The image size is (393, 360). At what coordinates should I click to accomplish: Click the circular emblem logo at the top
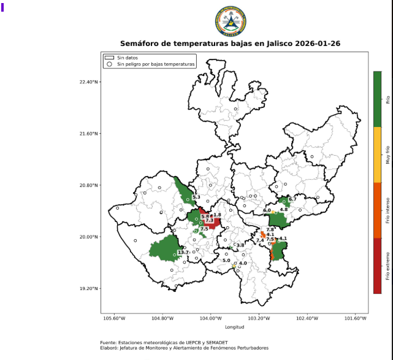231,21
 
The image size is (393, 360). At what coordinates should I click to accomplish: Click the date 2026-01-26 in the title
318,44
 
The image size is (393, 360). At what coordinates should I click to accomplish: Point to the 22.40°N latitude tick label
90,82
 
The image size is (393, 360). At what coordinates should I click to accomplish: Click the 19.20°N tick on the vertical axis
90,288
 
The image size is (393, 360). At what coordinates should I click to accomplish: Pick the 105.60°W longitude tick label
114,318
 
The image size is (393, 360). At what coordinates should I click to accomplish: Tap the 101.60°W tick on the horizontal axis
356,318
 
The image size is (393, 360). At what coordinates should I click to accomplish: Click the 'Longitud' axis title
234,326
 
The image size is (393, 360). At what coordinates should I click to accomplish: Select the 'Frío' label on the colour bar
387,99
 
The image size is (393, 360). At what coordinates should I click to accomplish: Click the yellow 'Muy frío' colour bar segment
377,155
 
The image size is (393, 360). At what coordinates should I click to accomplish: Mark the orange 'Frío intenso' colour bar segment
377,210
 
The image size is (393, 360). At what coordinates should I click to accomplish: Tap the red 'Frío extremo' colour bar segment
377,266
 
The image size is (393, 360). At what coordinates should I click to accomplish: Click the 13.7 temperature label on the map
183,253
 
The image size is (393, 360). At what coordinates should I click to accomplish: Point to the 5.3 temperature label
196,197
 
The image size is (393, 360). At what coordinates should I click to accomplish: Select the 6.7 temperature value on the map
292,199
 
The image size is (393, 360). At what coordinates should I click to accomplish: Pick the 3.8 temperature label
240,245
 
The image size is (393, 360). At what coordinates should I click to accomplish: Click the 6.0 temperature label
267,210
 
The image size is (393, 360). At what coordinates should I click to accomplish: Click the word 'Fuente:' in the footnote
110,342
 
